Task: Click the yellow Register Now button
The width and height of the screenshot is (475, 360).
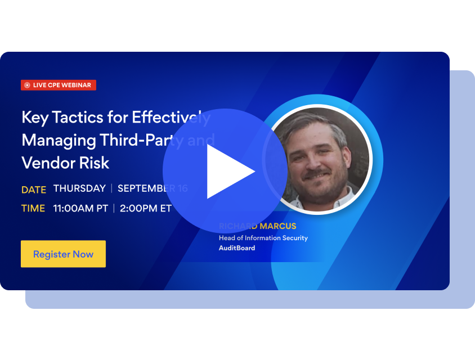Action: pos(63,254)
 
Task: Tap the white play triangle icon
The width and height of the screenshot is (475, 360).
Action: pos(228,172)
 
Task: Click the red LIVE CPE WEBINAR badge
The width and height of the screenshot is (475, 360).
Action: pos(59,85)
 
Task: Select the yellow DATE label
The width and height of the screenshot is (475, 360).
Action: pos(34,190)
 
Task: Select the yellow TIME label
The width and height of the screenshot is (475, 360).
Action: pos(33,208)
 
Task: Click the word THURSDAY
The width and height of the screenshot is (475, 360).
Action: pos(79,188)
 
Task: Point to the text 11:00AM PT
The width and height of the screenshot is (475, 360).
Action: pos(80,208)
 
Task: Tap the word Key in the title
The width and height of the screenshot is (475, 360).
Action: pos(34,118)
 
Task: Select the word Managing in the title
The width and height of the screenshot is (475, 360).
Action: pos(58,140)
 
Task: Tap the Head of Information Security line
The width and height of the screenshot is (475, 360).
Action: pos(263,238)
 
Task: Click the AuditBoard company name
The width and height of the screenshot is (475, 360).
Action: pos(236,248)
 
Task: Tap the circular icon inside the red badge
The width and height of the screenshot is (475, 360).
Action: pos(27,85)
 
